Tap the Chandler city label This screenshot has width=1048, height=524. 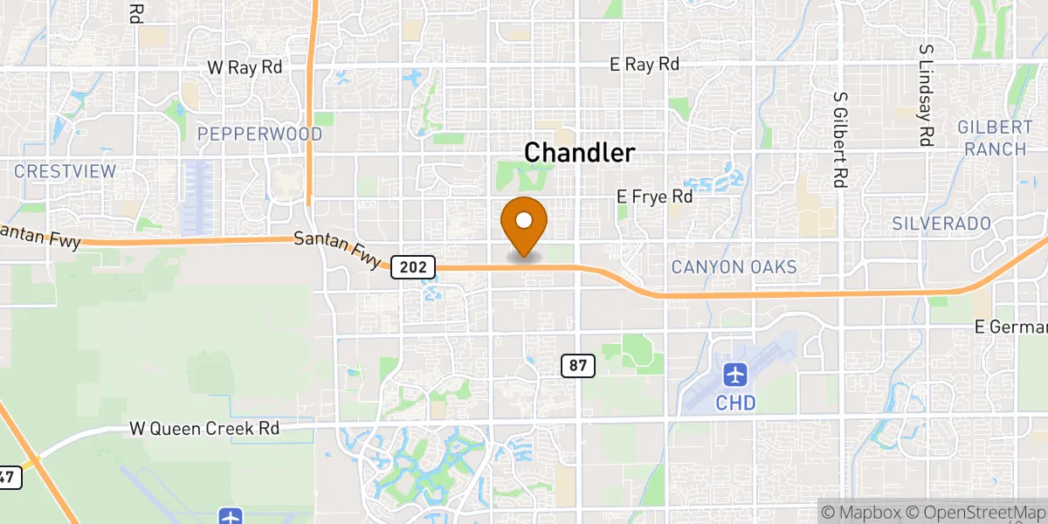pyautogui.click(x=579, y=153)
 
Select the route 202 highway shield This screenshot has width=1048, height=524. pyautogui.click(x=413, y=266)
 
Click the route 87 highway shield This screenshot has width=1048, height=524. pyautogui.click(x=578, y=366)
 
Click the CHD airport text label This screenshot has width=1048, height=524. pyautogui.click(x=735, y=403)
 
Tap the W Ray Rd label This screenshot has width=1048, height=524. pyautogui.click(x=245, y=67)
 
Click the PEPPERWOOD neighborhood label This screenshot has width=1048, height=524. pyautogui.click(x=259, y=134)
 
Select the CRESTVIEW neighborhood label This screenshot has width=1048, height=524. pyautogui.click(x=65, y=171)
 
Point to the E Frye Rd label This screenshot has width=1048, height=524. pyautogui.click(x=655, y=197)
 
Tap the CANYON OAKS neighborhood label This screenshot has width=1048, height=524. pyautogui.click(x=734, y=267)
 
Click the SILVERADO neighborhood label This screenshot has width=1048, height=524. pyautogui.click(x=941, y=224)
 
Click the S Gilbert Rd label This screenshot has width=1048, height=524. pyautogui.click(x=841, y=140)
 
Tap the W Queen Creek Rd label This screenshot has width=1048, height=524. pyautogui.click(x=204, y=429)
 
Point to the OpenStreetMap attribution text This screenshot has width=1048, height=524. pyautogui.click(x=976, y=512)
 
